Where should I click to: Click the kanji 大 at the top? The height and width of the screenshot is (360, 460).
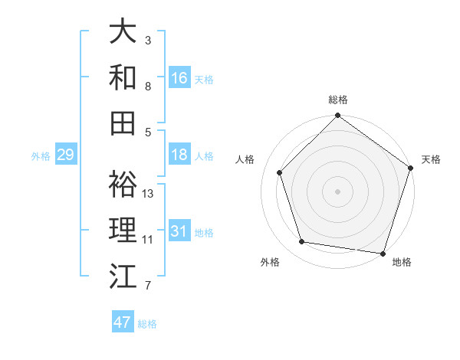[x=123, y=31]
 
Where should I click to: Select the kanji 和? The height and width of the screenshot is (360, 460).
[x=123, y=77]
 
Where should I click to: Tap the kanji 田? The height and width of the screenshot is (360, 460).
[x=123, y=123]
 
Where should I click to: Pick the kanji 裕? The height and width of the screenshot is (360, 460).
[x=123, y=184]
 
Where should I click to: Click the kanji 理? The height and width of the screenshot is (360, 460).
[x=123, y=230]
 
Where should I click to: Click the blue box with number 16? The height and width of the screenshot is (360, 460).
[x=179, y=78]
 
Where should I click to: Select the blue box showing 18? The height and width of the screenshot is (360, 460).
[x=179, y=155]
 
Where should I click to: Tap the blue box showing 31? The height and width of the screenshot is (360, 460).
[x=179, y=231]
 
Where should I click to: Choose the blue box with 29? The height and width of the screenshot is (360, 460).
[x=65, y=155]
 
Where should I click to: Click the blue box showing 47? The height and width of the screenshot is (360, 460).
[x=123, y=322]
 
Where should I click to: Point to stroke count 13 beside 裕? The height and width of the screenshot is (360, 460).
[x=149, y=194]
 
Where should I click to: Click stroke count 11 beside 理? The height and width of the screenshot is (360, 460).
[x=148, y=240]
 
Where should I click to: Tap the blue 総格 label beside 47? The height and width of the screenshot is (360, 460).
[x=147, y=324]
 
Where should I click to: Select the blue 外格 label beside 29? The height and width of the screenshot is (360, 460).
[x=41, y=156]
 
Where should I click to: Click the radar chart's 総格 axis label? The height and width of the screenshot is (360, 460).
[x=337, y=100]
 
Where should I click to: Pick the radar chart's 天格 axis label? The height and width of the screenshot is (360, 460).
[x=431, y=159]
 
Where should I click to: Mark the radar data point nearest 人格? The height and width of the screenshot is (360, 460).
[x=279, y=172]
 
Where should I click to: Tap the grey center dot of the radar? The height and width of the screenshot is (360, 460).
[x=337, y=191]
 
